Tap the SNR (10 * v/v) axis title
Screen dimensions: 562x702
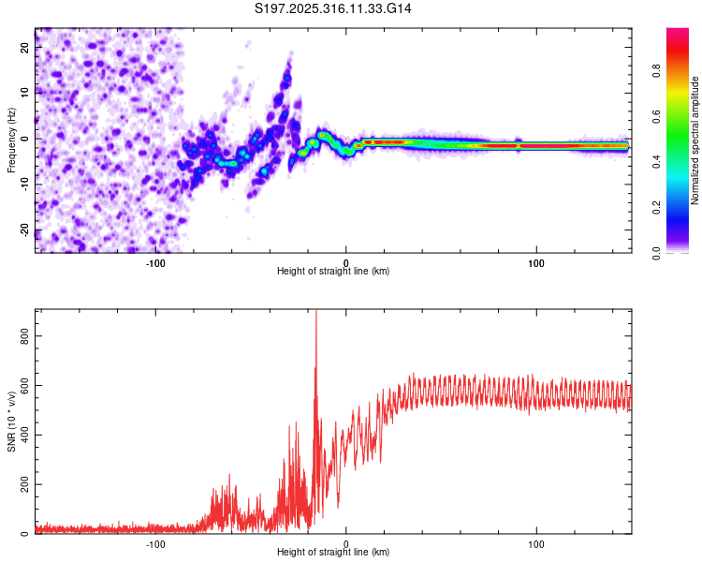tap(11, 421)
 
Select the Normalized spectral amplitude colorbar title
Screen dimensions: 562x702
tap(695, 140)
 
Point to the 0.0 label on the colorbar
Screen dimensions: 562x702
tap(680, 253)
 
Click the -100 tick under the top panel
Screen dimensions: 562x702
tap(155, 263)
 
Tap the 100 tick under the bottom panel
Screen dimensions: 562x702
tap(536, 544)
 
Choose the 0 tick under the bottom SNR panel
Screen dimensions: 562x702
tap(346, 544)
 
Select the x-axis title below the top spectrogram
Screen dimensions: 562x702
tap(333, 272)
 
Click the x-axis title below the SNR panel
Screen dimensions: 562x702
tap(333, 553)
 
